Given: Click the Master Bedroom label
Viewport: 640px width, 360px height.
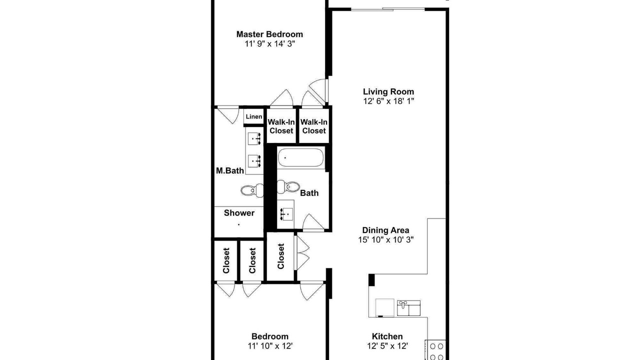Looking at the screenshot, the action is tap(269, 34).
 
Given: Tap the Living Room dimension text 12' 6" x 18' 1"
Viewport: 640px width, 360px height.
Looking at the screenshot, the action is tap(388, 101).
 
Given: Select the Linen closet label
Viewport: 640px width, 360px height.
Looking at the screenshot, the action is tap(253, 116).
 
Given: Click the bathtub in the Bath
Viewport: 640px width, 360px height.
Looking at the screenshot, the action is tap(301, 157).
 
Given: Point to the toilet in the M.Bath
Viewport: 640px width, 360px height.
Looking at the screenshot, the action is tap(252, 190).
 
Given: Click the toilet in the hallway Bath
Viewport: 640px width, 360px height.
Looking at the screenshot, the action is tap(288, 186).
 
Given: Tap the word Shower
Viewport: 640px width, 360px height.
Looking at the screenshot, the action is tap(239, 213).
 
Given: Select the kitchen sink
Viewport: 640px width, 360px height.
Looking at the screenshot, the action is tap(408, 307).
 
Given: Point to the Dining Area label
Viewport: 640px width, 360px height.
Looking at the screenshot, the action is tap(385, 230).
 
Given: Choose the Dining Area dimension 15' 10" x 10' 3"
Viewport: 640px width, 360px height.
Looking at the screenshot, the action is tap(385, 239).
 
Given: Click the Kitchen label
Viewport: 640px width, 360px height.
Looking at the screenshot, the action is tap(387, 336).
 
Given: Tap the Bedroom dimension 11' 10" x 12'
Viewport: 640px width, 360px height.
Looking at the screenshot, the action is tap(270, 346).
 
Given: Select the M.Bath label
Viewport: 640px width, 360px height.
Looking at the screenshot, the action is tap(229, 171).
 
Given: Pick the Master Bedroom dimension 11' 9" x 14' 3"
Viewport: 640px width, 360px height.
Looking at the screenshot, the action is tap(269, 43).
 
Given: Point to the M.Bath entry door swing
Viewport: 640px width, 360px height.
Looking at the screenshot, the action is tap(228, 115).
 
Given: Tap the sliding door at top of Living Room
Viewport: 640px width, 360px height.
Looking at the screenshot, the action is tap(387, 9).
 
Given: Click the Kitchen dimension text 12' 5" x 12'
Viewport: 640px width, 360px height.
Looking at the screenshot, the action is tap(387, 346).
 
